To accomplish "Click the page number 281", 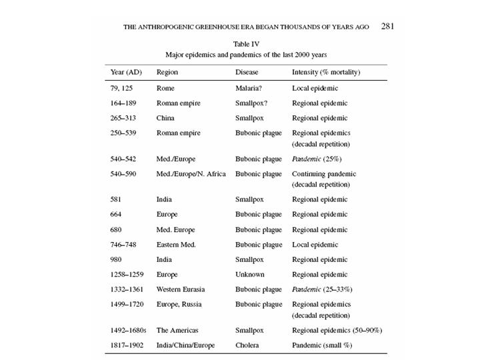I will click(388, 27).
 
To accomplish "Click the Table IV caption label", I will click(246, 44).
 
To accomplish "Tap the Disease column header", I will click(247, 72).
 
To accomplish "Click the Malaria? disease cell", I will click(250, 88).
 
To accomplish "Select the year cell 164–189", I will click(125, 103).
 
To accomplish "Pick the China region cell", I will click(166, 118).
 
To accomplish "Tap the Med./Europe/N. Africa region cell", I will click(191, 174).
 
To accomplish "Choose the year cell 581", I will click(117, 199).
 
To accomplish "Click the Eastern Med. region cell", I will click(177, 245).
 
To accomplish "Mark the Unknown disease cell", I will click(250, 274).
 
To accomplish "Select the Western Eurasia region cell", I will click(180, 289).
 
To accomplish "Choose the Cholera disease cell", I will click(248, 345).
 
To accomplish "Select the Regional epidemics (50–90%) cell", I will click(337, 330).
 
